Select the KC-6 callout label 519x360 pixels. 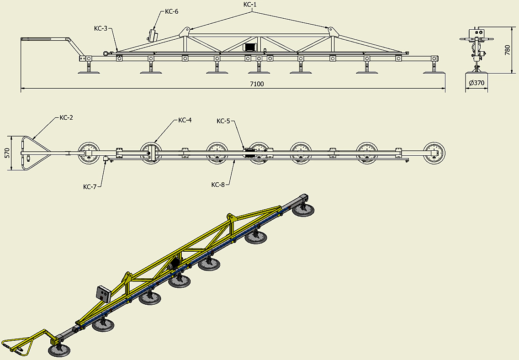(171, 11)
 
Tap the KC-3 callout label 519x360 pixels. (101, 28)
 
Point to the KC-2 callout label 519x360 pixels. (66, 117)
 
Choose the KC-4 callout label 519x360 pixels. (185, 120)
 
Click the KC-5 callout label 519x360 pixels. (223, 121)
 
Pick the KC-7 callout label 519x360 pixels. (90, 187)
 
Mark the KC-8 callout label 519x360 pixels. (218, 185)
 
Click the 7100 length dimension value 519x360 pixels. (257, 84)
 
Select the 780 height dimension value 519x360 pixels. (508, 50)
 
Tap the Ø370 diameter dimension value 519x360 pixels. (477, 83)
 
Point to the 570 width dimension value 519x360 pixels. (7, 153)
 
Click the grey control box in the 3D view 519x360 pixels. (104, 294)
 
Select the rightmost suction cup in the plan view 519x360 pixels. (434, 153)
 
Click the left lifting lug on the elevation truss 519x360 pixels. (185, 32)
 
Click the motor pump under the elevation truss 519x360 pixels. (250, 47)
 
